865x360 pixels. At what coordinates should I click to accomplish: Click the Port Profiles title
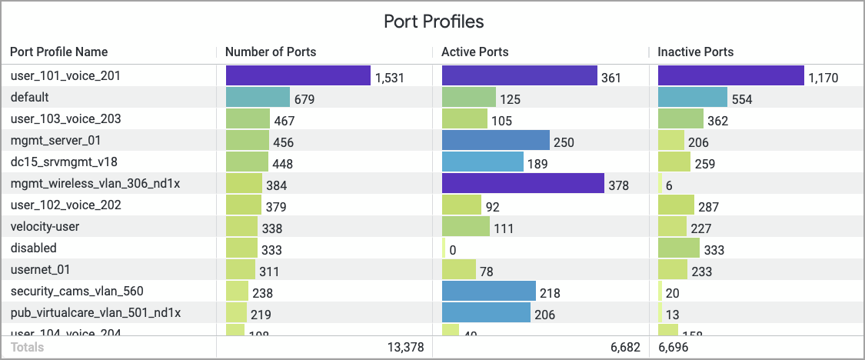[x=433, y=21]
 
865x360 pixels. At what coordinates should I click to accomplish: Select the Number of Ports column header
[x=271, y=52]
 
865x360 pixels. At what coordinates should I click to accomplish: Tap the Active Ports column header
[x=474, y=52]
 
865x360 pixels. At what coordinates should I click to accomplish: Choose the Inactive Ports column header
[x=695, y=52]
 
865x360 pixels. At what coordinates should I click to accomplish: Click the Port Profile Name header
[x=59, y=52]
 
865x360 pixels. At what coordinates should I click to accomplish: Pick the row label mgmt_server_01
[x=56, y=141]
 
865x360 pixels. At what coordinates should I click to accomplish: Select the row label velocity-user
[x=45, y=227]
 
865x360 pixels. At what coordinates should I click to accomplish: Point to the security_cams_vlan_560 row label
[x=77, y=292]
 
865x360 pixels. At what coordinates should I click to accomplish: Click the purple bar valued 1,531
[x=298, y=76]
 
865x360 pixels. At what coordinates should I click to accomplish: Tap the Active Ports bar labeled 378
[x=523, y=184]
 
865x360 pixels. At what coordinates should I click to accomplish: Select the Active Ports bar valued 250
[x=496, y=141]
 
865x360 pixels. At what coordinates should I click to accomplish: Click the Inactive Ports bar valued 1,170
[x=731, y=76]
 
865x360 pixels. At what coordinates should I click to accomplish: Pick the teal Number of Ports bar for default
[x=258, y=98]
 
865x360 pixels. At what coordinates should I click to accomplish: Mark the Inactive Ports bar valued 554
[x=693, y=98]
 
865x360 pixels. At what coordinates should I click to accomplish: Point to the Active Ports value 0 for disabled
[x=453, y=250]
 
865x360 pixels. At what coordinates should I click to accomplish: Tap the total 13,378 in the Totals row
[x=405, y=348]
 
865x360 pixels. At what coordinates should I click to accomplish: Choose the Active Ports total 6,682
[x=624, y=348]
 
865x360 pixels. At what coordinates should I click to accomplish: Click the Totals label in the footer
[x=27, y=348]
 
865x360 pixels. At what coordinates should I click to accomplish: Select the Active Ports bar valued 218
[x=489, y=292]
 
